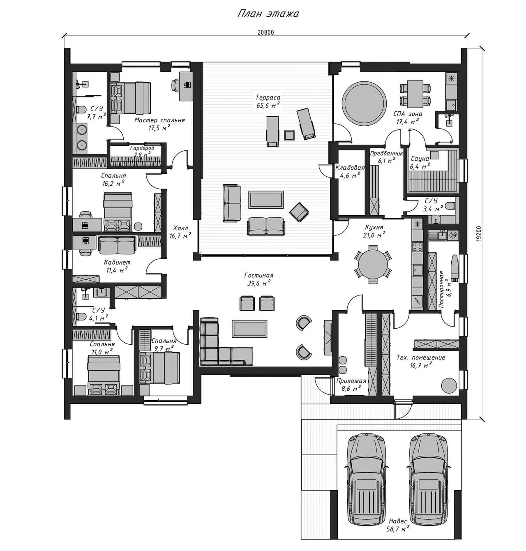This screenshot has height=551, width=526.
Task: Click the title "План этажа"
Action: click(x=268, y=14)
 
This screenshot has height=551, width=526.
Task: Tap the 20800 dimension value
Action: click(x=265, y=32)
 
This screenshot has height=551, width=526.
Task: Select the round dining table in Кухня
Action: click(x=373, y=264)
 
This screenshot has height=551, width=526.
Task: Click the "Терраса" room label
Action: click(x=268, y=98)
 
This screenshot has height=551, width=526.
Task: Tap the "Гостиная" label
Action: click(x=258, y=275)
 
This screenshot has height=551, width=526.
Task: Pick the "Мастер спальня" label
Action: click(x=159, y=120)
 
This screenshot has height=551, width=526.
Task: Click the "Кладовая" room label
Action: click(x=350, y=168)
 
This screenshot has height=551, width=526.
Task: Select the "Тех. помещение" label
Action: click(x=421, y=357)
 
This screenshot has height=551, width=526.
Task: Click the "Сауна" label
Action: click(x=420, y=159)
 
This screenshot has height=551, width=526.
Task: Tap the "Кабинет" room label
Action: click(x=117, y=263)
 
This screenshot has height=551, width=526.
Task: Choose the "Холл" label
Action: click(x=180, y=228)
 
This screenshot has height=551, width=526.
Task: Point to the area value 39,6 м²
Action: click(x=258, y=284)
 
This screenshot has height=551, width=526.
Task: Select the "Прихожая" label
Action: click(x=351, y=381)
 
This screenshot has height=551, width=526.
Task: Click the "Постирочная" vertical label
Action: click(x=441, y=290)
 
